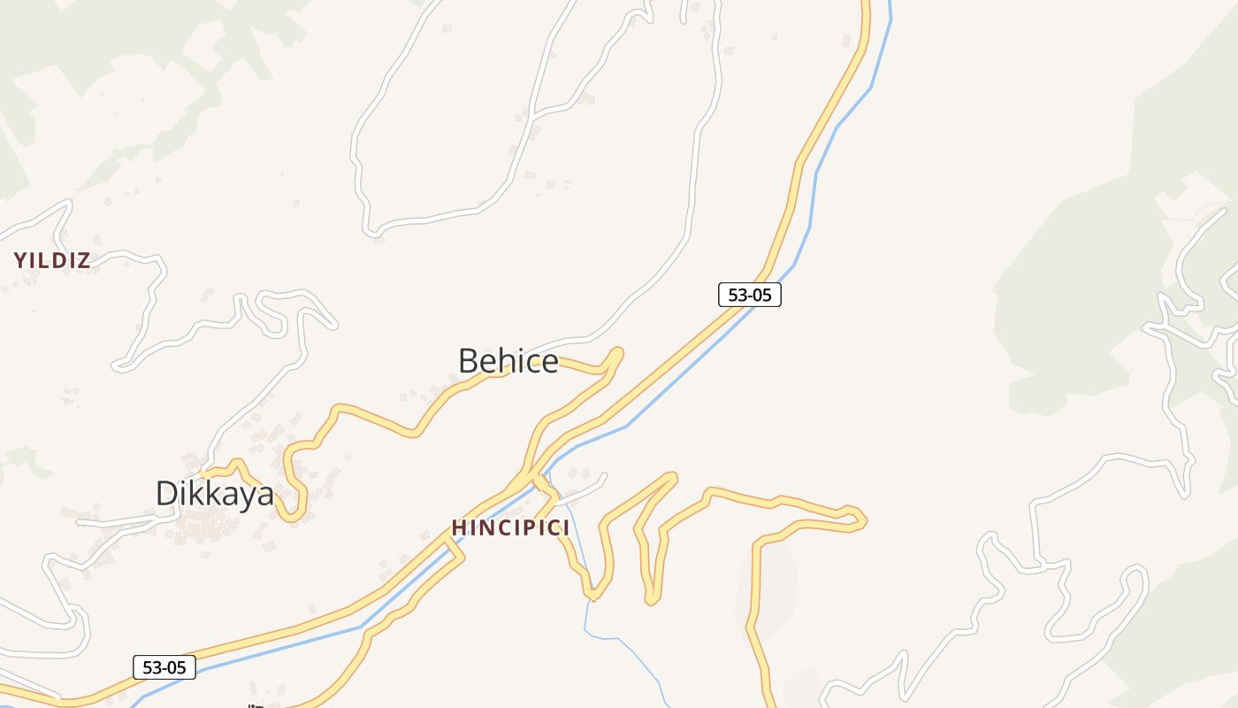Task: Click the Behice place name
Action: [508, 361]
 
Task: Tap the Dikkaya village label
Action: [215, 493]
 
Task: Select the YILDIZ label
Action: [52, 260]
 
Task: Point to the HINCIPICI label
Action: [510, 528]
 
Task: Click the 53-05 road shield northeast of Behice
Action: [749, 295]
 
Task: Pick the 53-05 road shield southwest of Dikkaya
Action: [164, 667]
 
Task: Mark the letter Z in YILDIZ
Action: [83, 260]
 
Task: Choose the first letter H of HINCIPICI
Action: [458, 528]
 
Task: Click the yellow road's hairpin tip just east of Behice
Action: [618, 353]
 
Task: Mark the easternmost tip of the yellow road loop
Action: [863, 520]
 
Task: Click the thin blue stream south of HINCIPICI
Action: [585, 611]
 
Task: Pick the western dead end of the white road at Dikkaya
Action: [80, 523]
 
